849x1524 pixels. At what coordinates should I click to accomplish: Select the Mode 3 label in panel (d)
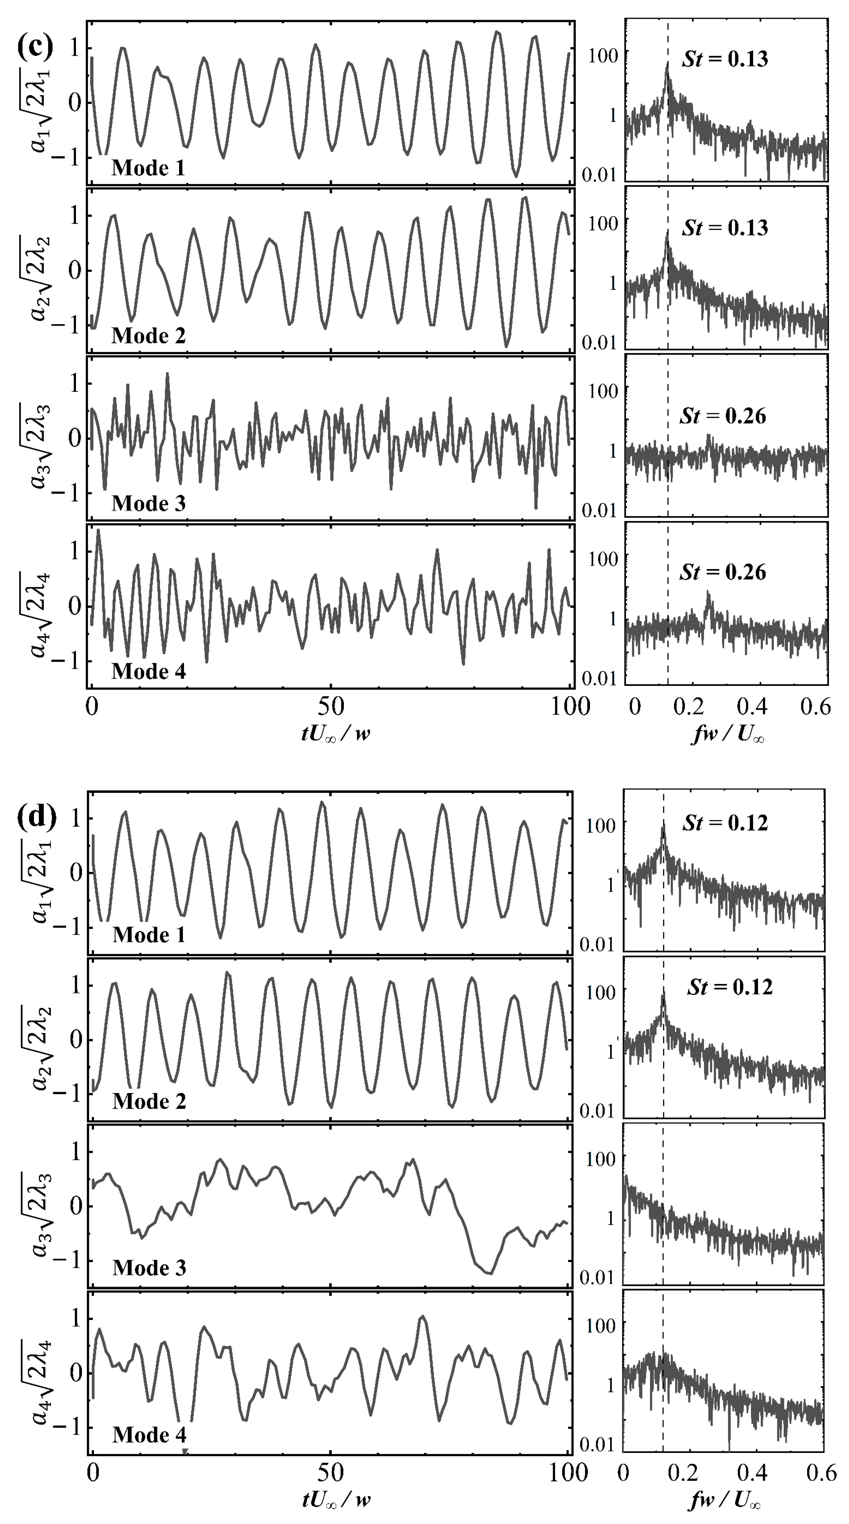click(x=149, y=1267)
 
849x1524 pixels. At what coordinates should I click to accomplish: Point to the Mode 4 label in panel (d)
click(x=149, y=1434)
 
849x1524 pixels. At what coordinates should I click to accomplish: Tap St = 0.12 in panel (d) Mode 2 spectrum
click(x=730, y=987)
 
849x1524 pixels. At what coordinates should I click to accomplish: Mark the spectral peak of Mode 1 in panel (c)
click(x=667, y=64)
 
